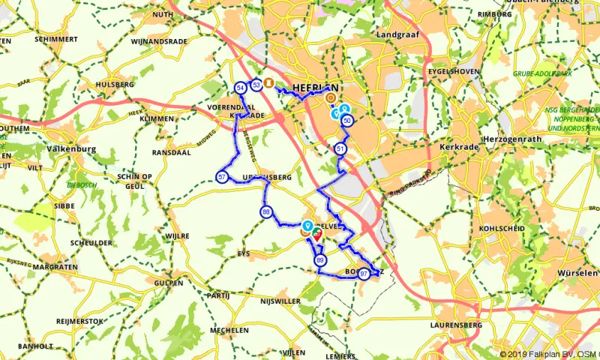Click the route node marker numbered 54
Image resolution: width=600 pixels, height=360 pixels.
pyautogui.click(x=241, y=88)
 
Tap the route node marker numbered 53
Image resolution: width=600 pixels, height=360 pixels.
pyautogui.click(x=256, y=85)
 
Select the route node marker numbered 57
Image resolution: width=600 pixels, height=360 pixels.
pyautogui.click(x=222, y=177)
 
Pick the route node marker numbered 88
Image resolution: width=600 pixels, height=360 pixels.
pyautogui.click(x=266, y=213)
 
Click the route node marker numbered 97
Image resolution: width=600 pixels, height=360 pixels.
pyautogui.click(x=364, y=274)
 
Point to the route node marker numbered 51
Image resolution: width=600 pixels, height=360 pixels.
pyautogui.click(x=341, y=148)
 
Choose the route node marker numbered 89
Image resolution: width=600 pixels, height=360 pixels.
pyautogui.click(x=321, y=260)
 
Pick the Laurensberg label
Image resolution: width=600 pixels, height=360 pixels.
pyautogui.click(x=453, y=325)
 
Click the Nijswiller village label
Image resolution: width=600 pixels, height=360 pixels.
pyautogui.click(x=280, y=301)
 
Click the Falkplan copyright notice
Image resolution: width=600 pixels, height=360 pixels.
pyautogui.click(x=549, y=354)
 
